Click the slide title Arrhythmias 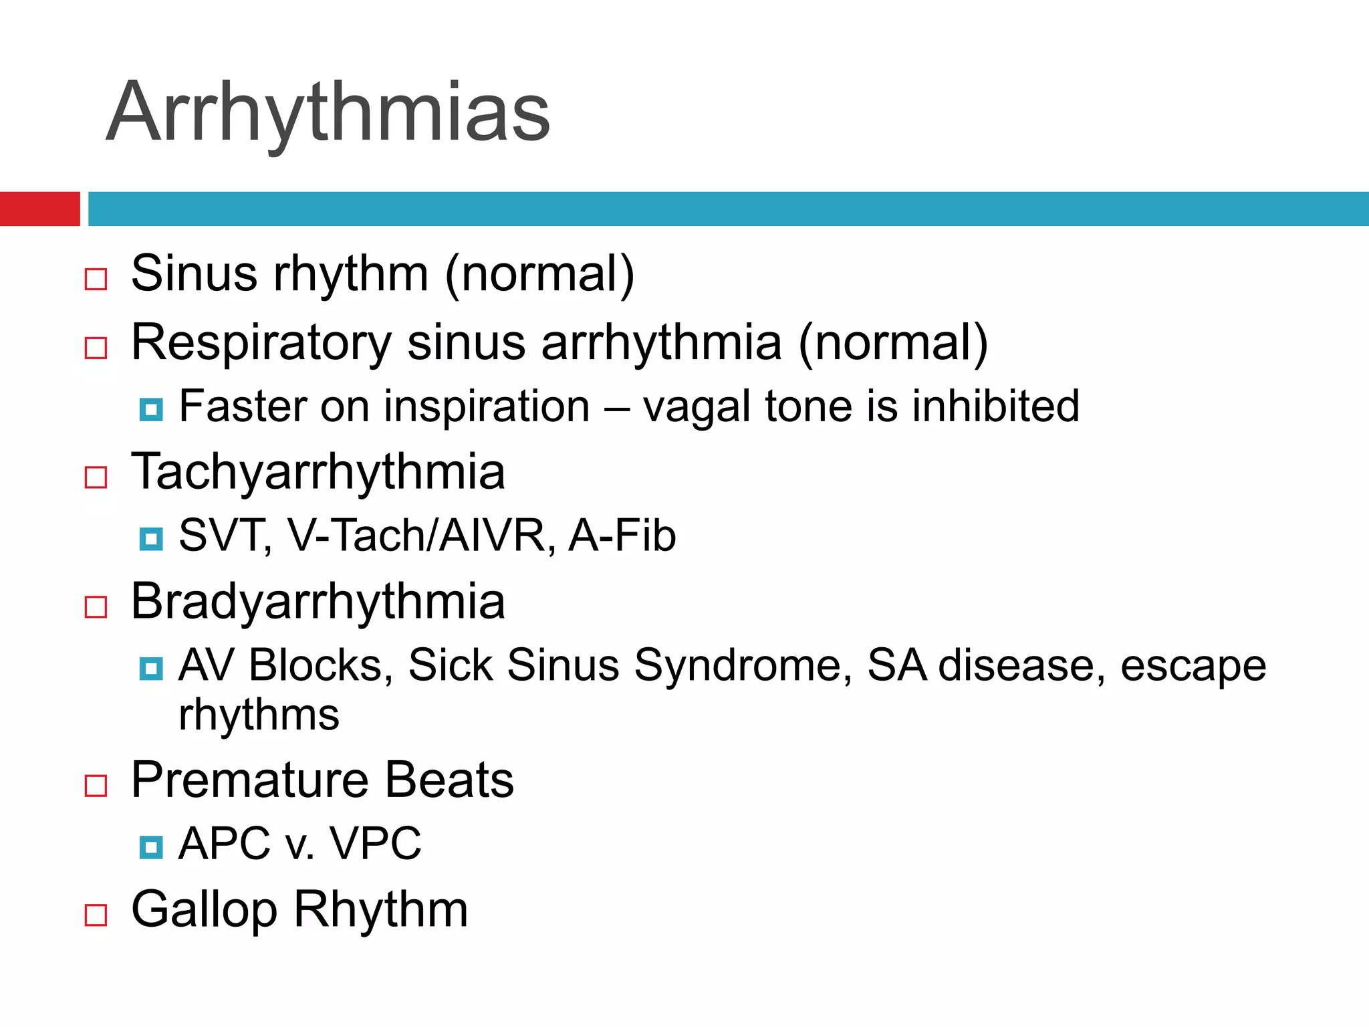tap(328, 112)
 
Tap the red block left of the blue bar tap(39, 209)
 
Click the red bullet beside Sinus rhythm tap(96, 279)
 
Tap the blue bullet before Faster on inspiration tap(151, 409)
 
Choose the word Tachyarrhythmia tap(318, 472)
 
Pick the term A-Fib tap(622, 536)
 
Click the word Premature tap(250, 780)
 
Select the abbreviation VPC tap(376, 844)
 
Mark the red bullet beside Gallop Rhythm tap(96, 915)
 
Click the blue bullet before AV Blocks tap(151, 669)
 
